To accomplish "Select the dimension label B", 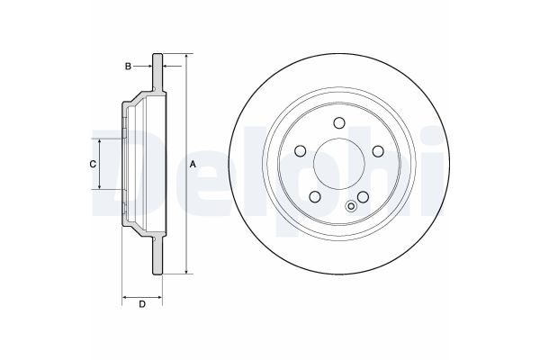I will [129, 67].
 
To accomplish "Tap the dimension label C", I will [91, 164].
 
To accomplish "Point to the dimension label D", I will [142, 306].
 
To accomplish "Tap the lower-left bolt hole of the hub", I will [315, 196].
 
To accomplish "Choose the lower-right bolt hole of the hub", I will [363, 196].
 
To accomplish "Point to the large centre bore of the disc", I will [338, 164].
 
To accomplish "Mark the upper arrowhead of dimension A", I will [186, 57].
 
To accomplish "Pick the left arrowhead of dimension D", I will [123, 295].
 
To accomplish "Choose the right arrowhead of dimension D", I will [162, 295].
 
